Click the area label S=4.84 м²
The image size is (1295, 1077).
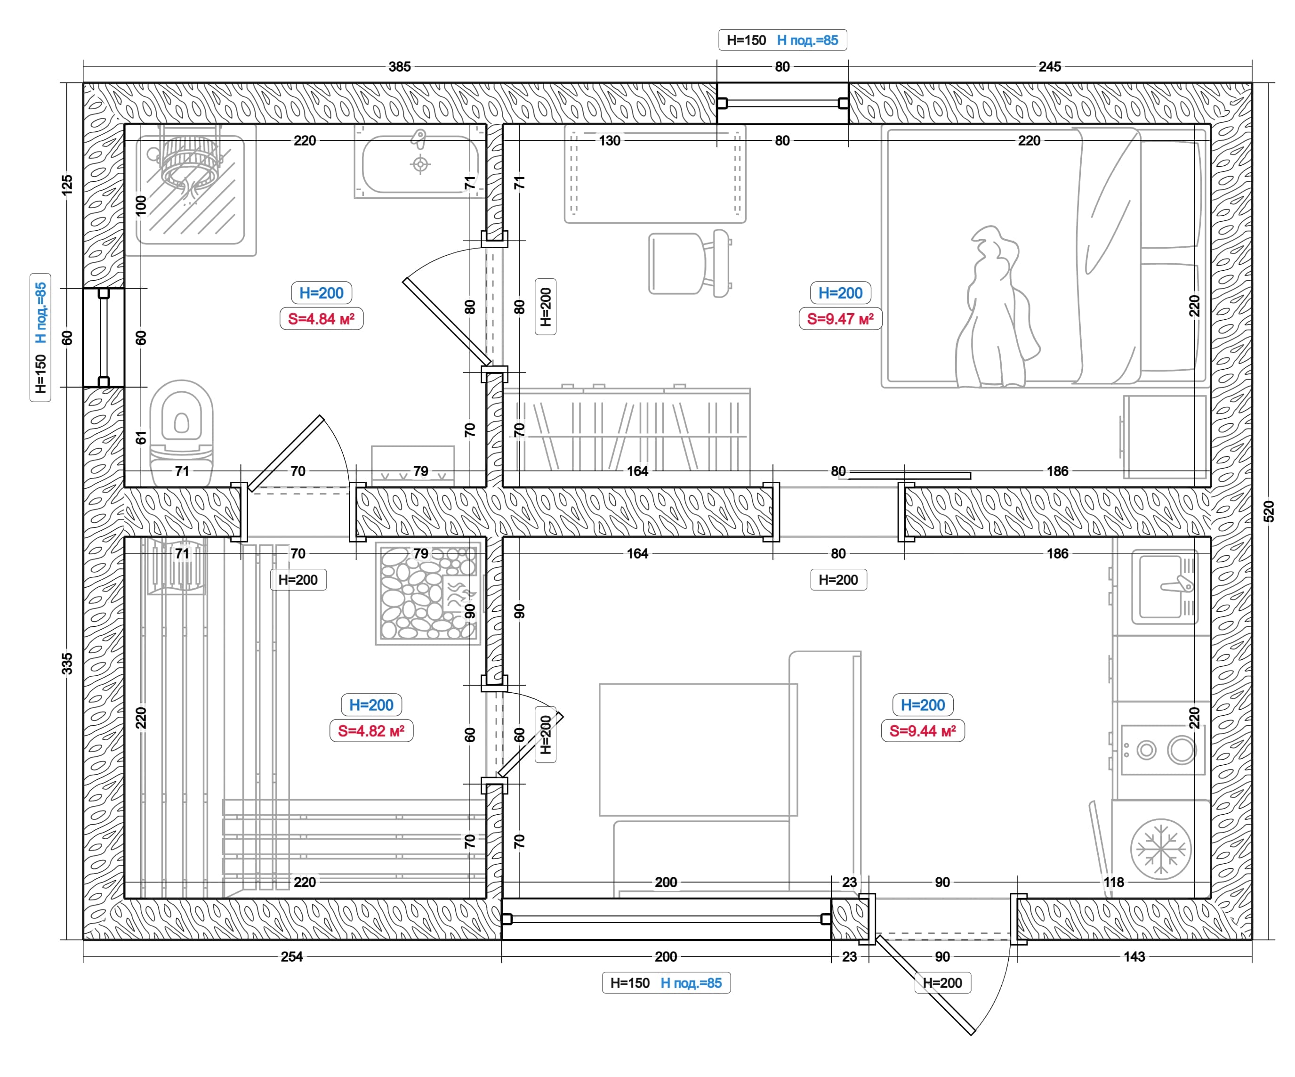pos(322,319)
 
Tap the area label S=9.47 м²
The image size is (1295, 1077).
pos(841,319)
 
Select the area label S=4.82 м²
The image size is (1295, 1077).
pos(371,731)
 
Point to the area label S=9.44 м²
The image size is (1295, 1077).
pos(923,731)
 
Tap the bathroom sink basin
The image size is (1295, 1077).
pos(420,163)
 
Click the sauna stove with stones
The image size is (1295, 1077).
pos(428,593)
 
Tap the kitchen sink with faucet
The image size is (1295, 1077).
pos(1165,587)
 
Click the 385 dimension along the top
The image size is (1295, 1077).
pos(400,66)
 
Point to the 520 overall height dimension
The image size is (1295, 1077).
pos(1269,511)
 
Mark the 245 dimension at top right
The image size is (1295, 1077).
pos(1050,66)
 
